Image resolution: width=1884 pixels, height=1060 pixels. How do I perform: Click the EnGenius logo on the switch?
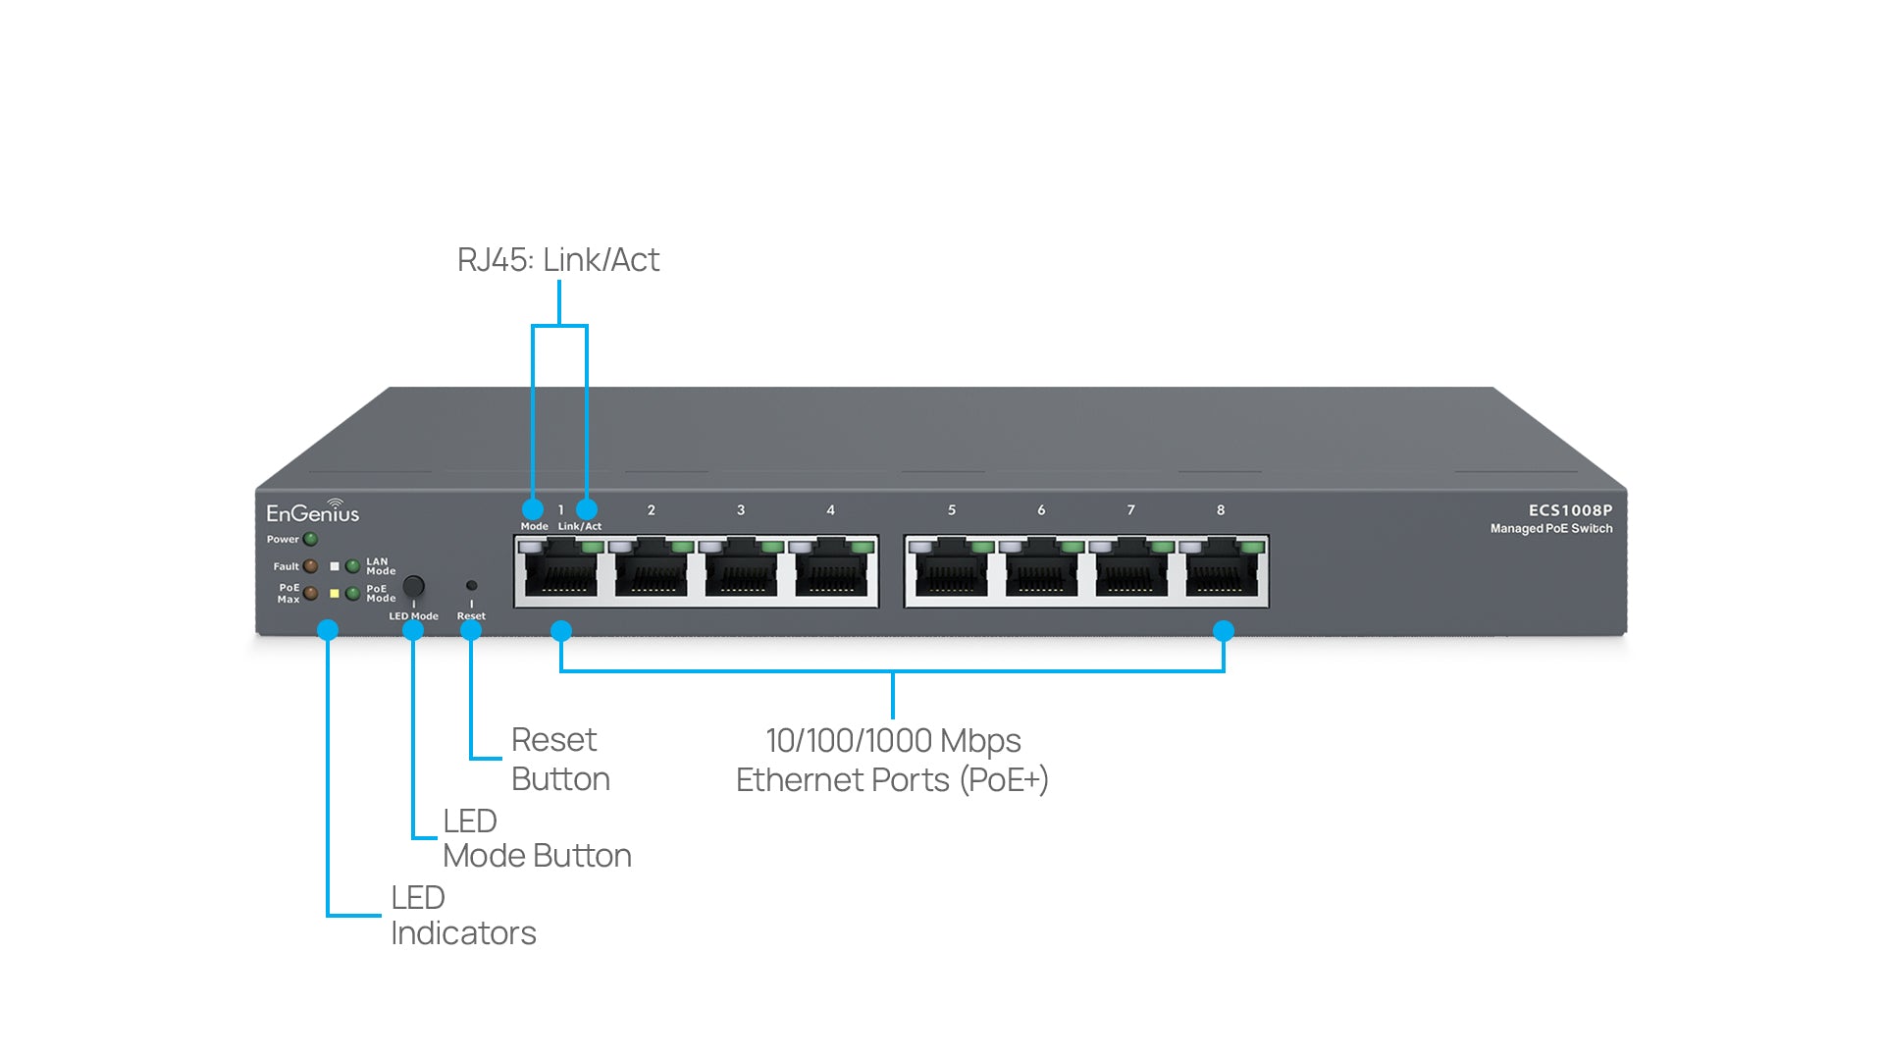coord(313,512)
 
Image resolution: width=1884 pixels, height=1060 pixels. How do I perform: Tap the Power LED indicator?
coord(311,539)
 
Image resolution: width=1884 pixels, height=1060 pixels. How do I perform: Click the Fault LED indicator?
coord(310,566)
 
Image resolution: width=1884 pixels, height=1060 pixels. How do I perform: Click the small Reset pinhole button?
coord(471,586)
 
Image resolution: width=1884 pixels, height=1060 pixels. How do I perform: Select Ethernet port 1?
coord(560,572)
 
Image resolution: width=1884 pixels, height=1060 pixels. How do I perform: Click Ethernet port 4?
coord(831,572)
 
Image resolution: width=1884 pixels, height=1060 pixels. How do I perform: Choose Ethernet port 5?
coord(951,572)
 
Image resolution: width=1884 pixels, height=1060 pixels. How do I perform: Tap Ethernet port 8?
coord(1221,572)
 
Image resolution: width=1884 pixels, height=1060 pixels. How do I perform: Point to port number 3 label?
coord(741,510)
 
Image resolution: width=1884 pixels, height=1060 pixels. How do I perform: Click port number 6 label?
coord(1041,510)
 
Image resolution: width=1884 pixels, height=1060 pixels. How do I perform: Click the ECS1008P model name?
coord(1570,510)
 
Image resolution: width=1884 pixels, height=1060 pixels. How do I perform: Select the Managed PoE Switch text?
coord(1551,529)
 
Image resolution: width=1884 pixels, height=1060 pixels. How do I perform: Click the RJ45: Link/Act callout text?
coord(558,260)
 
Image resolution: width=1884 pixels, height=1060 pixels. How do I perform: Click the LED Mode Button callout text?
coord(537,838)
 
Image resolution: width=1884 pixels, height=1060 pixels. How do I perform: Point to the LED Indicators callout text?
coord(463,915)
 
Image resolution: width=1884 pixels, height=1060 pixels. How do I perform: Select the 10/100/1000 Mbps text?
coord(893,740)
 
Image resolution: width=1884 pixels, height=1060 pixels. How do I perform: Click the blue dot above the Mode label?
coord(533,508)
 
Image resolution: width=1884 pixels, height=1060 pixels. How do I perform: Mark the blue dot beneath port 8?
coord(1224,631)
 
